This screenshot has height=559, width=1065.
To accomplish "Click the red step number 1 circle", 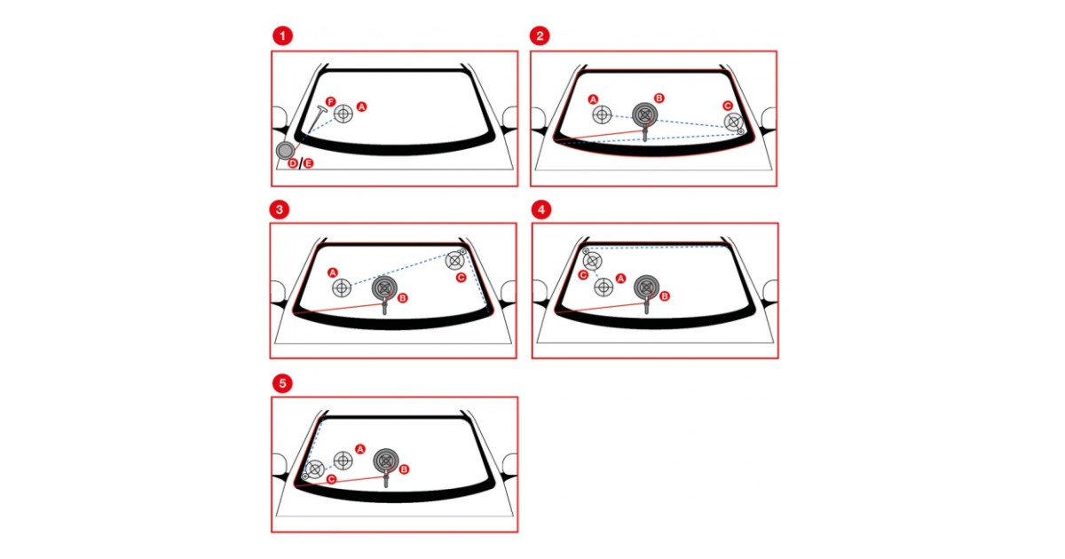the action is point(282,36).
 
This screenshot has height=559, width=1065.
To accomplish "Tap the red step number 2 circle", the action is point(540,35).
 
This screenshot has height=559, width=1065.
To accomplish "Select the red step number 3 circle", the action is point(280,209).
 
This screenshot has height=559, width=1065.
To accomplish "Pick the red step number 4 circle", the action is point(541,209).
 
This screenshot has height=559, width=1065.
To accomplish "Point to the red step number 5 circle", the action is point(282,383).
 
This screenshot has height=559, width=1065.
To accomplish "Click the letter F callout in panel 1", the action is point(331,101).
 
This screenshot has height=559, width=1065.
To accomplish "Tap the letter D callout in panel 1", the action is point(293,163).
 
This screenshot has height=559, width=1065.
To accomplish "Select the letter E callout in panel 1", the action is point(309,163).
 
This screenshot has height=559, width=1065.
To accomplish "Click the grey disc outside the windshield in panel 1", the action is point(285,151).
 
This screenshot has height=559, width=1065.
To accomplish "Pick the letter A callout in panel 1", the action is point(362,106).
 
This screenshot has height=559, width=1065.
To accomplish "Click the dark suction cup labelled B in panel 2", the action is point(644,114).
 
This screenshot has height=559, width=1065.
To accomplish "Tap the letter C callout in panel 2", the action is point(728,106).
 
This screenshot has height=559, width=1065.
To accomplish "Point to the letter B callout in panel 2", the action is point(659,98).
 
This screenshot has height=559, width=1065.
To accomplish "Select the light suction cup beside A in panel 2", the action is point(602,114).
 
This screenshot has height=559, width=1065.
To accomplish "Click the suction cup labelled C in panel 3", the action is point(454,260).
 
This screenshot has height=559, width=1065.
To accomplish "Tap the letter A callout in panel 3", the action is point(333,272).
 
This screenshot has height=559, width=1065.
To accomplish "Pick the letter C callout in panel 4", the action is point(583,275).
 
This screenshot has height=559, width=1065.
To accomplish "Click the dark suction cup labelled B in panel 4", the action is point(647,287).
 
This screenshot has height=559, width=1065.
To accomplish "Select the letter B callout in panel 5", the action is point(404,469).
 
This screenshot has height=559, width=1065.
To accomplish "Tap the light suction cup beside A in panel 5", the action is point(343,461).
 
